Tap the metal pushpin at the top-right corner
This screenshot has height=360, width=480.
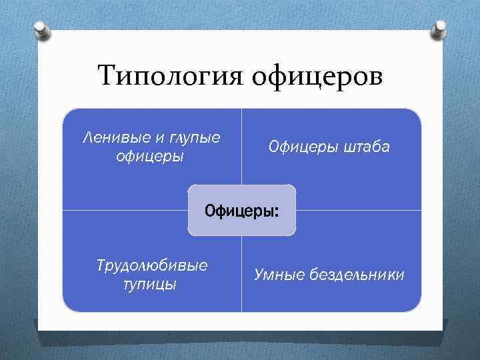[x=441, y=31]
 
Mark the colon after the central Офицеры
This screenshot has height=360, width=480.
[x=277, y=212]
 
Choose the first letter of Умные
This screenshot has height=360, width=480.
[x=259, y=275]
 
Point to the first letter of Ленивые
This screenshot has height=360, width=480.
[x=87, y=138]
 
